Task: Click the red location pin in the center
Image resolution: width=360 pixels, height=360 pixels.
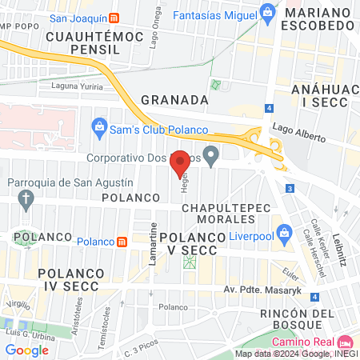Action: (x=181, y=162)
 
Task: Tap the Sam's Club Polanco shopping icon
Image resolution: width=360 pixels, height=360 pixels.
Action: (x=99, y=126)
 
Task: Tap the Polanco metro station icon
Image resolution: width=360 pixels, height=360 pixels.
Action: (x=122, y=242)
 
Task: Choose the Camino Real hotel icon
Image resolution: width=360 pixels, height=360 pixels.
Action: (x=346, y=342)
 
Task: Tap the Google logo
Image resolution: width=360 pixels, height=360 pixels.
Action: (x=26, y=350)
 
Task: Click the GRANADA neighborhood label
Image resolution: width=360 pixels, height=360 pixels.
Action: (x=174, y=100)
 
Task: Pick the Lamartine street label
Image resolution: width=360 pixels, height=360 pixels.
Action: (x=152, y=240)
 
